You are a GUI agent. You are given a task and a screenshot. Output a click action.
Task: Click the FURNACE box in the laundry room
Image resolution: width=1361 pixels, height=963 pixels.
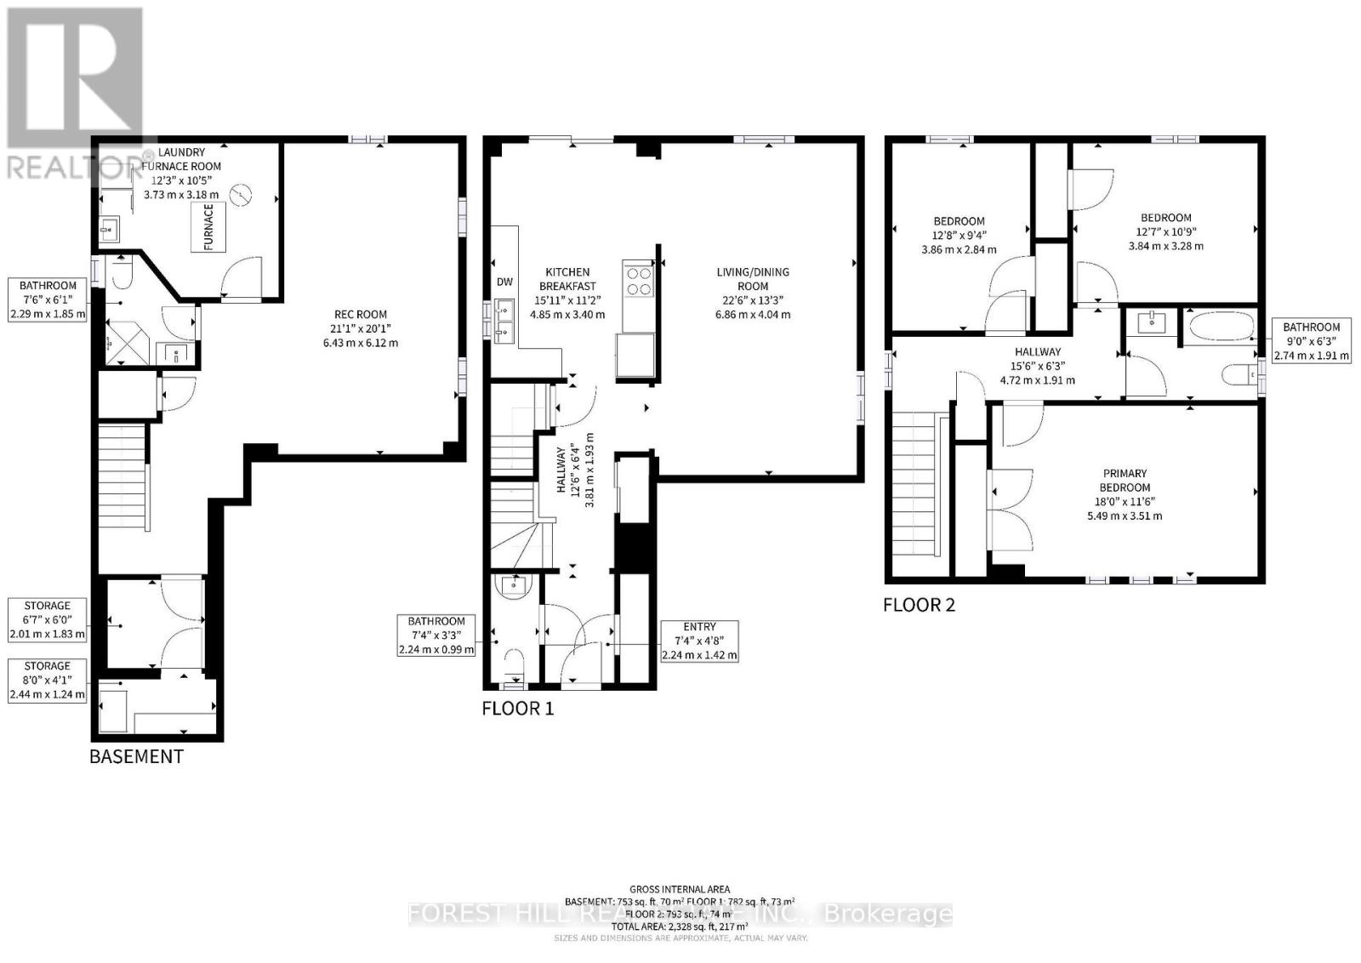(208, 227)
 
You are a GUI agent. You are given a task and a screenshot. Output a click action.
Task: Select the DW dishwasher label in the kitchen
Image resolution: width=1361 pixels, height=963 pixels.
(504, 282)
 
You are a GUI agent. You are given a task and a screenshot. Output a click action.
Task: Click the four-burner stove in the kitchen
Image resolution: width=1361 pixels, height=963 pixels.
(639, 281)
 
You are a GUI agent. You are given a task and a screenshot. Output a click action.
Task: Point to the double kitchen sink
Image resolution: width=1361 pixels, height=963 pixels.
(504, 321)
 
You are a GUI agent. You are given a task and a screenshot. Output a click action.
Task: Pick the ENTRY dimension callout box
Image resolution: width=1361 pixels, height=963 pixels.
(699, 641)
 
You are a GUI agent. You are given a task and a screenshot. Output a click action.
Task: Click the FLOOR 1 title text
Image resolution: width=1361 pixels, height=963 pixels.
(518, 708)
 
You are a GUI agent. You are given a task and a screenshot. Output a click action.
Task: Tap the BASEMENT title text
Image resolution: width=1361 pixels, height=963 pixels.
(136, 756)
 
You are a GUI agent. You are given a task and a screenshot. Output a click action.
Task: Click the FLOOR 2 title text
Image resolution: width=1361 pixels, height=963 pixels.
(919, 605)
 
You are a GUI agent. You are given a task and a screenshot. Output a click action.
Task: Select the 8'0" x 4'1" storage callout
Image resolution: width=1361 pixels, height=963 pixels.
(48, 680)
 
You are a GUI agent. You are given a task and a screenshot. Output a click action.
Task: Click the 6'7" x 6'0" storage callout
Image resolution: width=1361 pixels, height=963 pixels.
(48, 620)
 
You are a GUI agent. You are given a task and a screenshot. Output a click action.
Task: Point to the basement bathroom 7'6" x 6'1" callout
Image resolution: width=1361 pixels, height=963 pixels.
(48, 299)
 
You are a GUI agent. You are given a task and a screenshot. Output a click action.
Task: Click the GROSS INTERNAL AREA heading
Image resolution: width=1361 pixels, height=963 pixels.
(680, 889)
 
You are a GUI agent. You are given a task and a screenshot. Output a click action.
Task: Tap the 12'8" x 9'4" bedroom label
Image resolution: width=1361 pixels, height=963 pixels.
(959, 236)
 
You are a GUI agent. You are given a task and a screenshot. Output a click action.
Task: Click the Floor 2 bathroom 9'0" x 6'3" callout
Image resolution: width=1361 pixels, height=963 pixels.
(1311, 341)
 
